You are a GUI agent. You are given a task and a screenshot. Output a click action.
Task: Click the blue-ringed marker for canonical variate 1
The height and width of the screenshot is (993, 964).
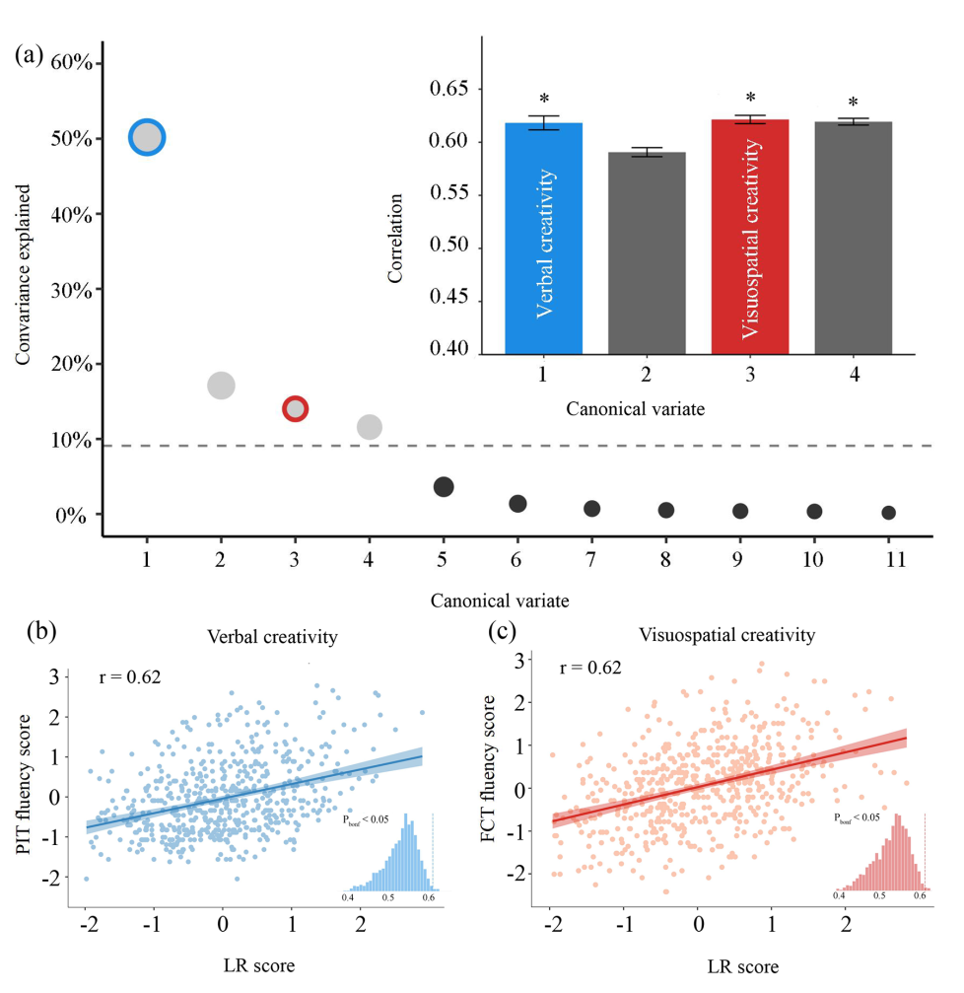click(147, 138)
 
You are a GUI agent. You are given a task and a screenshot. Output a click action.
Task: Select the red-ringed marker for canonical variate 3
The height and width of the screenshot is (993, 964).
click(295, 408)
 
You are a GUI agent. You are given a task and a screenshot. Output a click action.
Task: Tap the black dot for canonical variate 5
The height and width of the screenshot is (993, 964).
click(444, 486)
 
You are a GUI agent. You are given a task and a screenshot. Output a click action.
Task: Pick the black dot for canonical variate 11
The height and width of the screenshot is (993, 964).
click(888, 513)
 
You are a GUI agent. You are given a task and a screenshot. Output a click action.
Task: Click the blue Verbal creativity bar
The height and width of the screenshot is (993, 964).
click(544, 238)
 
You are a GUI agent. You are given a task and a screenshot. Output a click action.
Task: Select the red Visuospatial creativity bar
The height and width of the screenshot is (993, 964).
click(750, 237)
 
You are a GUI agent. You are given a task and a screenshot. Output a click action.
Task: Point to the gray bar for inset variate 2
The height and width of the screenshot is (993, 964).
click(647, 252)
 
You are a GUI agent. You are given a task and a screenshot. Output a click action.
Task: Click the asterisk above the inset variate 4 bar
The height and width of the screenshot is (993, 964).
click(854, 104)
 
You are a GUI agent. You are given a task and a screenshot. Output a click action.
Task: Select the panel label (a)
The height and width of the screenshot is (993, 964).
click(29, 54)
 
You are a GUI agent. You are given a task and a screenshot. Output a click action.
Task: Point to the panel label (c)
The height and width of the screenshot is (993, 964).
click(506, 631)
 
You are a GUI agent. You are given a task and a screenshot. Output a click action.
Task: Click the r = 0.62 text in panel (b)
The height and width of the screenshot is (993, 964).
click(130, 676)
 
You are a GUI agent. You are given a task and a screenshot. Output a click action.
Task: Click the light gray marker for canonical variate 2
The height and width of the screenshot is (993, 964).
click(221, 386)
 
